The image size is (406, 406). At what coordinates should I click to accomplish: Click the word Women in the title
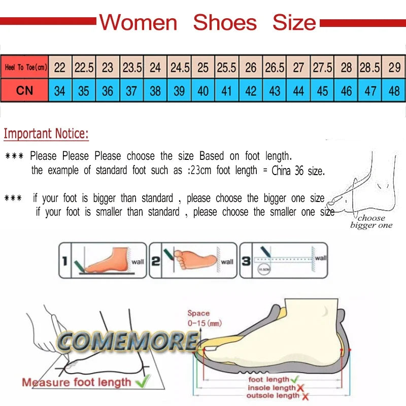point(138,23)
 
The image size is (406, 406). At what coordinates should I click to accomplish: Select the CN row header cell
point(24,91)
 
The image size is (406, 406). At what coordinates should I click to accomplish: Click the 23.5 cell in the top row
point(132,67)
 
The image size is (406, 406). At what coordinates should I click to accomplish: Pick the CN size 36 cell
point(108,91)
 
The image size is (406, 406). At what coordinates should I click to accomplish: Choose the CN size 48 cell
point(394,91)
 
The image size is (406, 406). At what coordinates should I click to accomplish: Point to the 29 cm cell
point(394,67)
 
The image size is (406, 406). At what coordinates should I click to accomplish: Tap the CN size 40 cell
point(203,91)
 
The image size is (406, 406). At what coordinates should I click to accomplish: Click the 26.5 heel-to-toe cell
point(275,67)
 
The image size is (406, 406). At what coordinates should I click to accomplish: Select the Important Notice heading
point(46,134)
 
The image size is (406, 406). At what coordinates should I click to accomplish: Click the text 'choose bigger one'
point(371,222)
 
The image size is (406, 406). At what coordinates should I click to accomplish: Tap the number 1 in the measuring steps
point(64,261)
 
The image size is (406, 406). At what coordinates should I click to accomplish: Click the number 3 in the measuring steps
point(246,261)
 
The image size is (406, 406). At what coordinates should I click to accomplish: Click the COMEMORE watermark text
point(127,342)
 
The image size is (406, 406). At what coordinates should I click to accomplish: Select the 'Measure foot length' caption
point(76,382)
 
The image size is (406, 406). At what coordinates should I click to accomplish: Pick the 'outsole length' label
point(273,396)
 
